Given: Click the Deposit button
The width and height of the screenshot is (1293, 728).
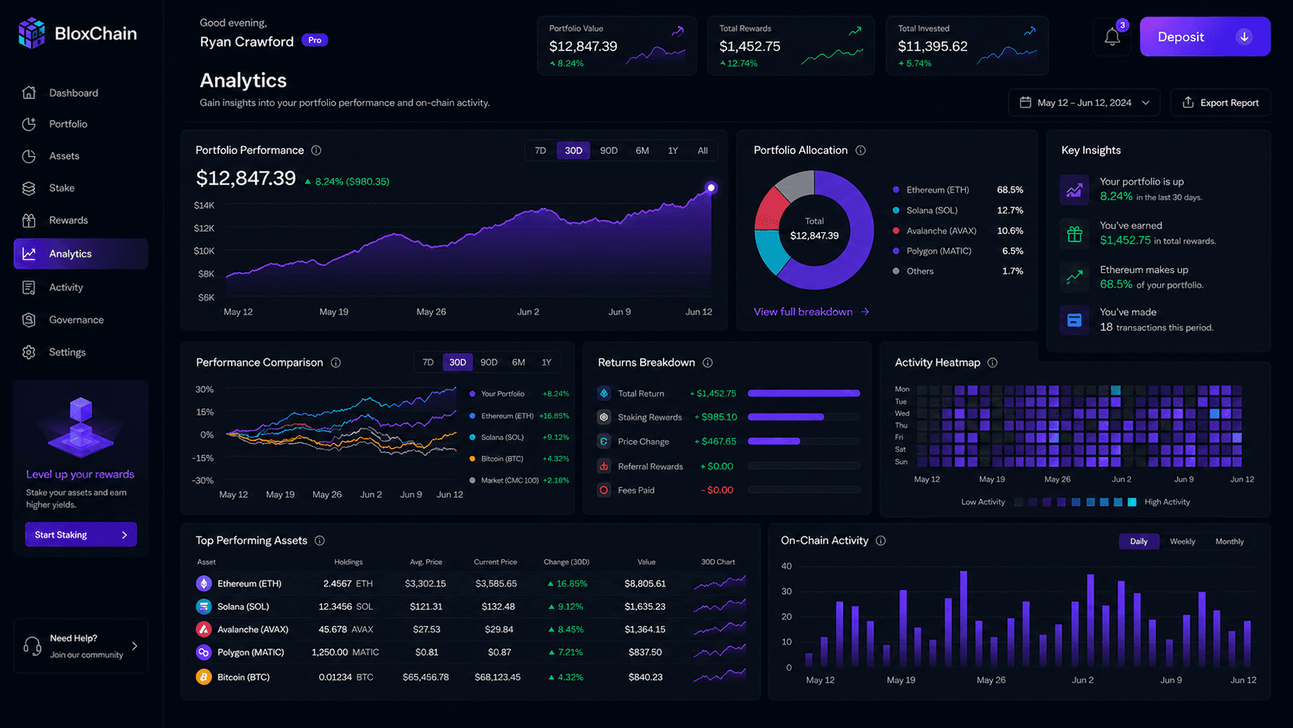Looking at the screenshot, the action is [1205, 36].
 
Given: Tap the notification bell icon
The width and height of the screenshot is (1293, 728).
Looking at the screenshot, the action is [1112, 37].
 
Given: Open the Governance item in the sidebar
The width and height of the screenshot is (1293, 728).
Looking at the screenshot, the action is [77, 320].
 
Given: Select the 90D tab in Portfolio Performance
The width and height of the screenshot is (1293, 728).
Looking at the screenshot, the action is [609, 150].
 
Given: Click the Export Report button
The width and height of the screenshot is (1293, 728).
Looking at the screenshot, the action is [1220, 102].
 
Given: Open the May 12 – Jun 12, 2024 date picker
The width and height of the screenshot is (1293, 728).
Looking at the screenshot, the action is [1083, 102].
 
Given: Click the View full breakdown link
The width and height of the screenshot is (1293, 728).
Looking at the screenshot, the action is [811, 312].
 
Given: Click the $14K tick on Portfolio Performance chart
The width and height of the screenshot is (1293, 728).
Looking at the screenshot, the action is [204, 205].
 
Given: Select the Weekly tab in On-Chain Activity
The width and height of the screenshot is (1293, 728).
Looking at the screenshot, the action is [1182, 541].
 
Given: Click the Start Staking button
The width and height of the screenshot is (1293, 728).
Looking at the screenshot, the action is [80, 535].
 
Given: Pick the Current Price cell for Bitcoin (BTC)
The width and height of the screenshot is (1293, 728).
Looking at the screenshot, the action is [497, 677].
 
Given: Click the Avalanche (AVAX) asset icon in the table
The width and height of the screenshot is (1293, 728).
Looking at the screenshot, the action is [203, 629].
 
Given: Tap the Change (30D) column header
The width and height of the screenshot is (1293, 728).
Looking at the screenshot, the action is [566, 562].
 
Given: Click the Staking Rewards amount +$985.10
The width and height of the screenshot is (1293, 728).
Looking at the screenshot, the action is [715, 417].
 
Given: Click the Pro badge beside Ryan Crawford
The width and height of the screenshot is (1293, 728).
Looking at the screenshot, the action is [315, 39].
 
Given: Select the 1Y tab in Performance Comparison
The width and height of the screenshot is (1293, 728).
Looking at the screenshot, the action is [546, 362].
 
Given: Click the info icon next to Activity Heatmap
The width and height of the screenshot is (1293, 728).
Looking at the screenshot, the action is [992, 363].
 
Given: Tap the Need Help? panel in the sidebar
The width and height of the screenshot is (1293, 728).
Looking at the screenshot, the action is [80, 646].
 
